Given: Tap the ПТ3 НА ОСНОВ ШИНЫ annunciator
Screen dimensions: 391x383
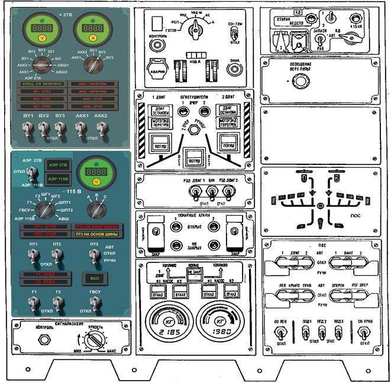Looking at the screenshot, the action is pyautogui.click(x=96, y=234).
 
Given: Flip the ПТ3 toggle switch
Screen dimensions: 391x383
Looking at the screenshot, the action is pyautogui.click(x=93, y=254).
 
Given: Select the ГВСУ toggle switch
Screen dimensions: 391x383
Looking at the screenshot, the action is pyautogui.click(x=92, y=302).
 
